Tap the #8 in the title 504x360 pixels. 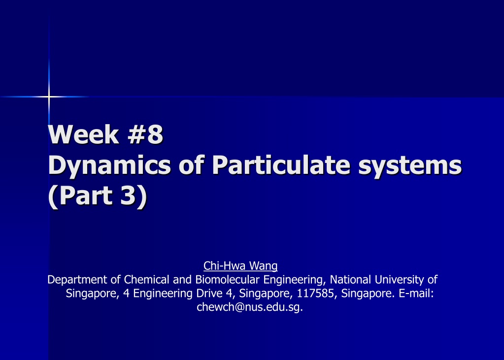(145, 134)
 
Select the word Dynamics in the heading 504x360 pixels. (109, 166)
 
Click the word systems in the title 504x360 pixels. (410, 166)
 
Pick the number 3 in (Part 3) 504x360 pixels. (128, 195)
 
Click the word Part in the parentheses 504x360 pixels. (86, 195)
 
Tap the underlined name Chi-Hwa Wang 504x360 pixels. (240, 266)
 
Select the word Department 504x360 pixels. (77, 280)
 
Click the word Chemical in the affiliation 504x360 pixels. (146, 279)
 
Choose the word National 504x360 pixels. (350, 279)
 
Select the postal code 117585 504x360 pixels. (315, 294)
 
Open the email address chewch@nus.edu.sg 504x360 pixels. (250, 307)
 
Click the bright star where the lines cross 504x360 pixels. (49, 97)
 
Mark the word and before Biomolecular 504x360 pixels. (182, 279)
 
